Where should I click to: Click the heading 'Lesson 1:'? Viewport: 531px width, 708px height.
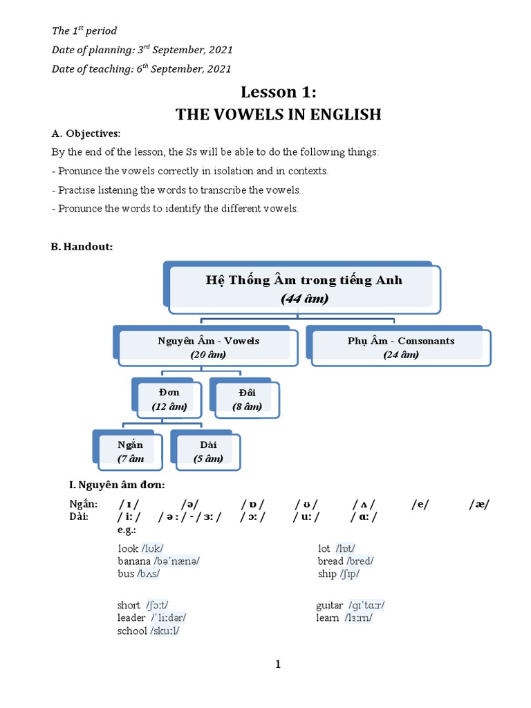coord(278,92)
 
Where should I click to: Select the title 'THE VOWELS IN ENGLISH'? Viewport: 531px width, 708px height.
coord(278,114)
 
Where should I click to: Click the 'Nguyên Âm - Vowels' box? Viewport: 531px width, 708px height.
coord(208,347)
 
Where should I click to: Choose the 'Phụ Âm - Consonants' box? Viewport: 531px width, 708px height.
coord(401,347)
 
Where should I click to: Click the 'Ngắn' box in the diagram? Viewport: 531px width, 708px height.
coord(130,451)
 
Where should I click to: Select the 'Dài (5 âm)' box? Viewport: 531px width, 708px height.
coord(208,451)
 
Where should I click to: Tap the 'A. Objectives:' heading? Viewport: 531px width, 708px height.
coord(86,133)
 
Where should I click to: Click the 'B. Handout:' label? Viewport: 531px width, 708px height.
coord(82,247)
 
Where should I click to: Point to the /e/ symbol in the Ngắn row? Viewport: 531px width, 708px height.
coord(420,505)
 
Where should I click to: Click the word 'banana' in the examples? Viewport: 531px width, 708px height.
coord(134,561)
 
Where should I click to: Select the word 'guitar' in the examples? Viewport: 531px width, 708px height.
coord(330,605)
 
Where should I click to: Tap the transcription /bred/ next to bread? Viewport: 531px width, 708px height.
coord(360,561)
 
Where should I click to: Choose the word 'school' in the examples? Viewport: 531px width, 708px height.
coord(133,631)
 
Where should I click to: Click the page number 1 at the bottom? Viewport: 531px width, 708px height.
coord(278,664)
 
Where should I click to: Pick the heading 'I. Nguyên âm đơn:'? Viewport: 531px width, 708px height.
coord(116,485)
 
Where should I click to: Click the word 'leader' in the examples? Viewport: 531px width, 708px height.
coord(131,617)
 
